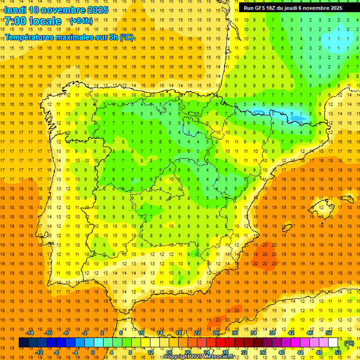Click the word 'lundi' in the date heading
[15, 10]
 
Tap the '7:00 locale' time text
[33, 21]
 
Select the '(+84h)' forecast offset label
[81, 21]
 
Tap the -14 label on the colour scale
[30, 332]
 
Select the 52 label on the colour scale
[338, 352]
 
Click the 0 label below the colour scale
[93, 352]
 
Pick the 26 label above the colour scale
[216, 332]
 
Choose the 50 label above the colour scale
[329, 332]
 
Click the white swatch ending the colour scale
[333, 343]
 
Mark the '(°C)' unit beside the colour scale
[349, 343]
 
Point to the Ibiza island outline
[287, 228]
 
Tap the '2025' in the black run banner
[334, 8]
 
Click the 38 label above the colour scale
[272, 332]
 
